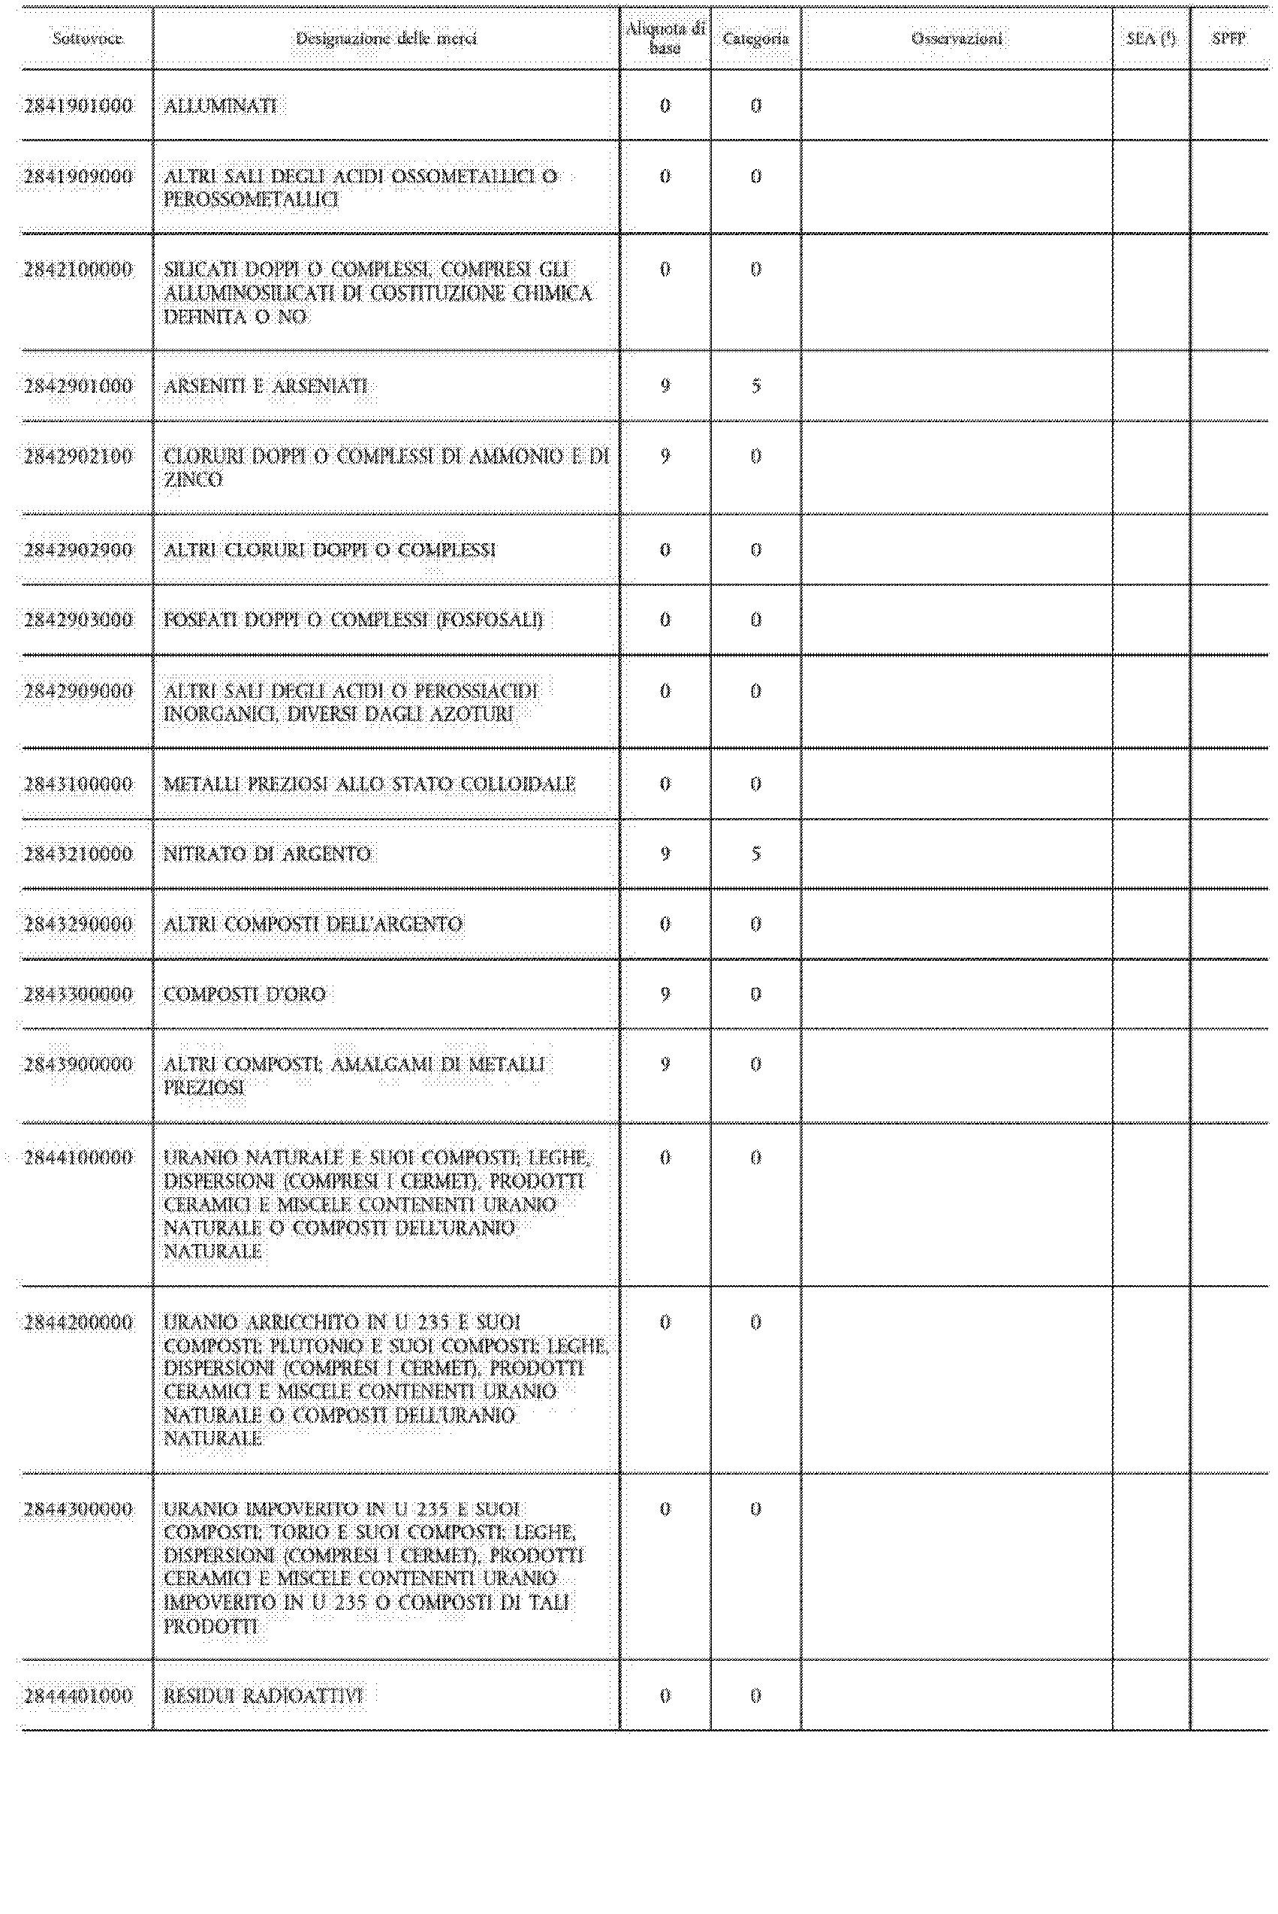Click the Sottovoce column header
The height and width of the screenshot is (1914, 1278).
tap(87, 38)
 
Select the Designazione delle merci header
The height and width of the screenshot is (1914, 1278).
tap(385, 38)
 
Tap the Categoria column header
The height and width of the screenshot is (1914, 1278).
tap(755, 38)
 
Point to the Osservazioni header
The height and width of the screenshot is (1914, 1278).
tap(957, 38)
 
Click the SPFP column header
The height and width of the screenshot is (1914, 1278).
tap(1228, 38)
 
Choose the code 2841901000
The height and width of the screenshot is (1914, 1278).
tap(78, 106)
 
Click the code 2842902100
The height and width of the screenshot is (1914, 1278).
tap(78, 457)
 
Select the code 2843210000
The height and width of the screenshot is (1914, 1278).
tap(78, 854)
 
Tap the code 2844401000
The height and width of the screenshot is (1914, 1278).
tap(78, 1695)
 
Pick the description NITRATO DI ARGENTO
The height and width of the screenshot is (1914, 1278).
tap(267, 854)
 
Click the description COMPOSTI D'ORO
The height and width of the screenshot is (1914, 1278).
tap(245, 995)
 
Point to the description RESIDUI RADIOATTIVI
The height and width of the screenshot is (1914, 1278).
tap(264, 1695)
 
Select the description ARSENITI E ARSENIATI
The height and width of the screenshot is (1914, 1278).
tap(266, 386)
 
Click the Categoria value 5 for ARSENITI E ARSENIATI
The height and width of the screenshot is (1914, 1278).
tap(755, 386)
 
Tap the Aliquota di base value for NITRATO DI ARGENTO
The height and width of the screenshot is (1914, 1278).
tap(665, 854)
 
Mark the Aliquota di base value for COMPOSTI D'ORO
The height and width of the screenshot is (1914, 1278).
tap(665, 995)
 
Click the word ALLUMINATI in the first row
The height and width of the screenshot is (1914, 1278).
tap(220, 106)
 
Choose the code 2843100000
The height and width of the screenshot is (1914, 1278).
tap(78, 784)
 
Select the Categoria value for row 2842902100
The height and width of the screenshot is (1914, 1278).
tap(755, 457)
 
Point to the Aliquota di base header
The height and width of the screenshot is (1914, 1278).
tap(665, 38)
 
